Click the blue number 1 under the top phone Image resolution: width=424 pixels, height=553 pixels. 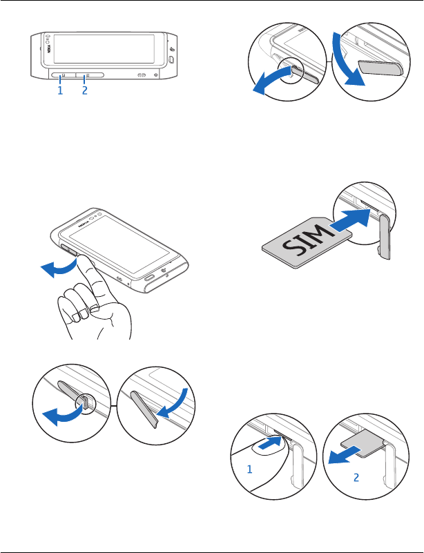tap(60, 90)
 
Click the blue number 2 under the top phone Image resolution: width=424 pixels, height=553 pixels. tap(85, 90)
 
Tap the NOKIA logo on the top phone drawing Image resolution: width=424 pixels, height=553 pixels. tap(48, 48)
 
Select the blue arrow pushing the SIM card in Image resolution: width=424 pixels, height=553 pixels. tap(350, 221)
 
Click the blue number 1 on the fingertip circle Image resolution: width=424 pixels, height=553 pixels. tap(250, 469)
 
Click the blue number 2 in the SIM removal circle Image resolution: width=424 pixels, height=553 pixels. tap(356, 478)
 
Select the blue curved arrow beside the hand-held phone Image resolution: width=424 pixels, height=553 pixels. tap(59, 268)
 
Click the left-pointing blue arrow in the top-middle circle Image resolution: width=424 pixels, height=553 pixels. tap(276, 81)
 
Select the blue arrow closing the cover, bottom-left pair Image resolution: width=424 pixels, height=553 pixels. tap(173, 403)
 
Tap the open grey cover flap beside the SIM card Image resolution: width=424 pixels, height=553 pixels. tap(385, 238)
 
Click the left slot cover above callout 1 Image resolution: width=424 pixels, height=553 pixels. tap(63, 75)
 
